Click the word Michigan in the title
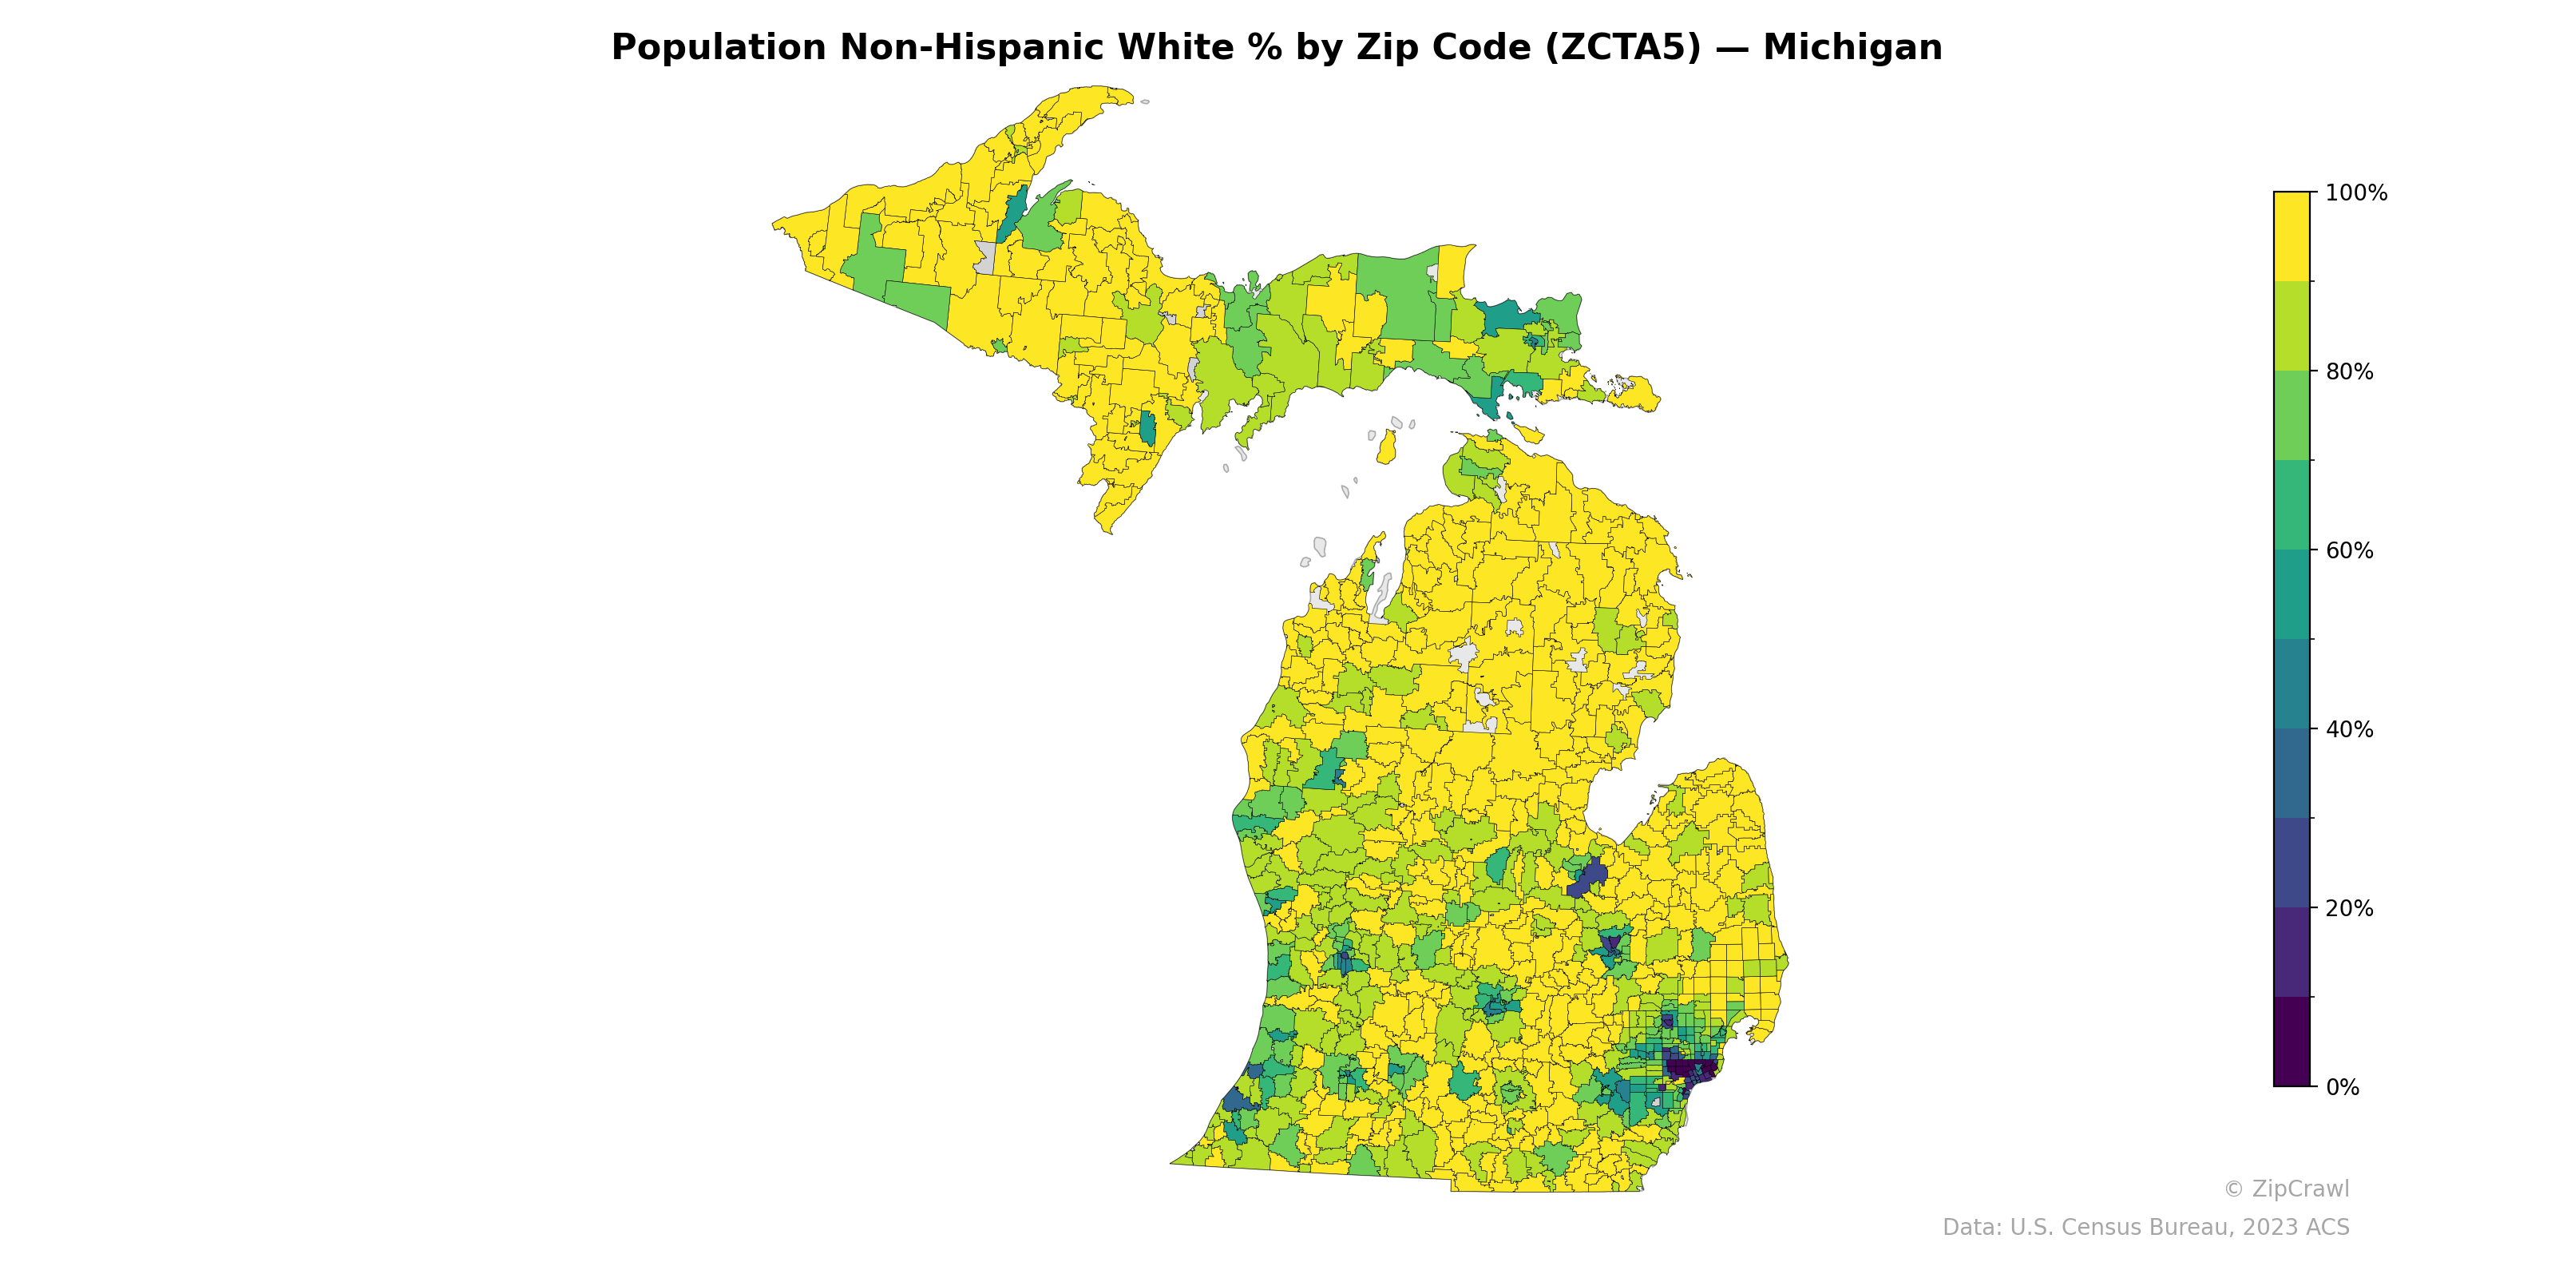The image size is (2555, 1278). pyautogui.click(x=1852, y=48)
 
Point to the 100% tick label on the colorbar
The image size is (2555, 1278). pyautogui.click(x=2355, y=193)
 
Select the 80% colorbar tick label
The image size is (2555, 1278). pyautogui.click(x=2349, y=372)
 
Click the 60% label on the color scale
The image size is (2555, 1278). pyautogui.click(x=2349, y=550)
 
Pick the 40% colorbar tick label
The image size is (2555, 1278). pyautogui.click(x=2349, y=729)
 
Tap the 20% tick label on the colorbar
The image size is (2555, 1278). pyautogui.click(x=2349, y=908)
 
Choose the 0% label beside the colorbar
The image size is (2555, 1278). pyautogui.click(x=2342, y=1087)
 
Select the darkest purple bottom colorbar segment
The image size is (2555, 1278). pyautogui.click(x=2292, y=1042)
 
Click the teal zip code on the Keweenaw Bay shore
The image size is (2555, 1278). pyautogui.click(x=1012, y=213)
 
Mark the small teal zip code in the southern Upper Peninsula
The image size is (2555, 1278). pyautogui.click(x=1147, y=429)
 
